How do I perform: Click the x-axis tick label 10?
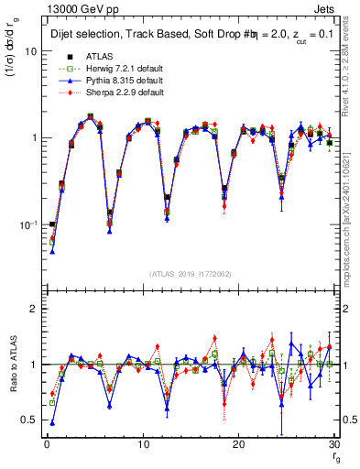click(x=142, y=444)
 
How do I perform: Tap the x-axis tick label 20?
click(x=238, y=444)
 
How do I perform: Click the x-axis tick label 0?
click(x=46, y=444)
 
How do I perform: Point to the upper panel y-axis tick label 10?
click(x=30, y=51)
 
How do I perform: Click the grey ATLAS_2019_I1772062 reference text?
click(x=191, y=274)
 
